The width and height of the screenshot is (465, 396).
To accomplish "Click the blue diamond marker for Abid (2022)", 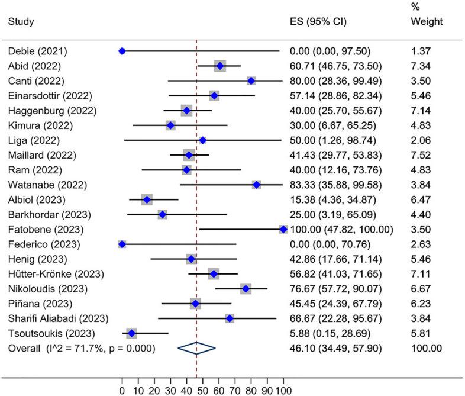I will click(x=220, y=66).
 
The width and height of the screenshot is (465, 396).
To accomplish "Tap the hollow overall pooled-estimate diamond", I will click(x=197, y=349).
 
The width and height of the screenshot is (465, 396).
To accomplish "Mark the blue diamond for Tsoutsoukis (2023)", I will click(x=131, y=334).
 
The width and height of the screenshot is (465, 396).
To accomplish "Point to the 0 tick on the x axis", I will click(x=122, y=389).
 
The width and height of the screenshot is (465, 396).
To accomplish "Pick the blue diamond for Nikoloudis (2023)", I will click(x=246, y=289).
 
